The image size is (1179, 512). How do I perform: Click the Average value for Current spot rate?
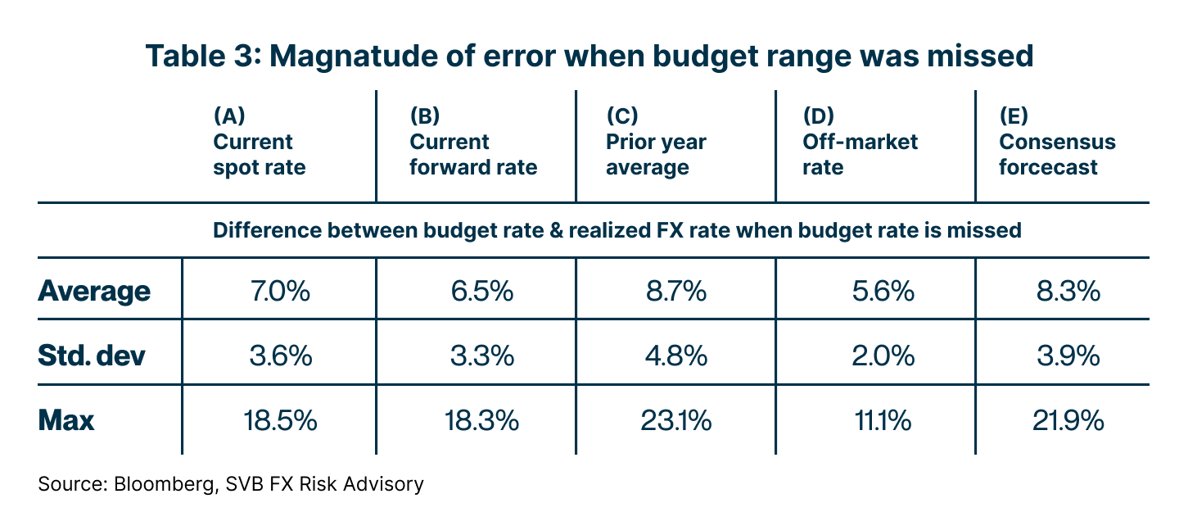280,292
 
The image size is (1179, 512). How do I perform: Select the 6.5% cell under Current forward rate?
482,292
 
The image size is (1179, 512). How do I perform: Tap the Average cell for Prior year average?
675,292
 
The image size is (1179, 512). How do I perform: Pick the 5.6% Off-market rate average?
877,292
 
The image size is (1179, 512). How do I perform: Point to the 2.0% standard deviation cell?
877,356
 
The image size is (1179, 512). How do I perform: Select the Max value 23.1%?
675,421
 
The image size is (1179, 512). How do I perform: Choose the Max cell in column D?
877,421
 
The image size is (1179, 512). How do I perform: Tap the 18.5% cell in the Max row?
280,421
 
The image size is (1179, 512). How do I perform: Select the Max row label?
66,421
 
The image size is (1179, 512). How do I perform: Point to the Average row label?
94,292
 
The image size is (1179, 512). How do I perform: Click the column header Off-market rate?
860,154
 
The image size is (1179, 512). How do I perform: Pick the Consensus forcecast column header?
1057,154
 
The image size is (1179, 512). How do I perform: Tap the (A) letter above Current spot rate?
228,115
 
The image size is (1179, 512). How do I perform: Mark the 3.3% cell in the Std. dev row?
482,356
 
